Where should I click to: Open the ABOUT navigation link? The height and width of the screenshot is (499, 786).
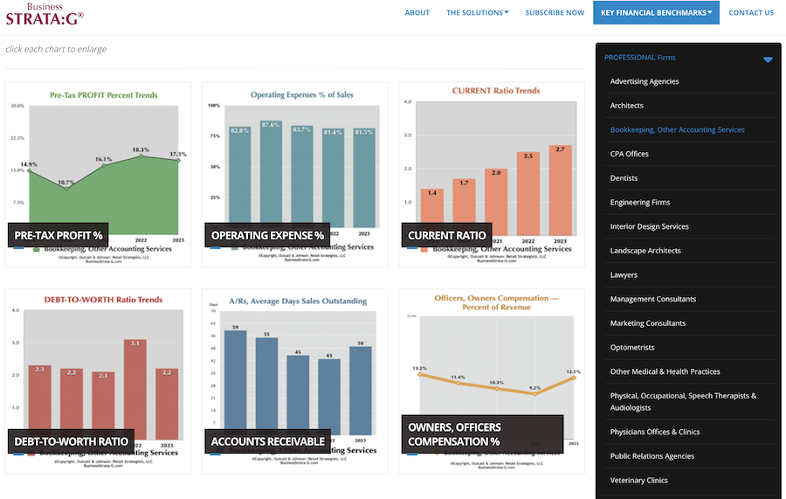click(x=417, y=13)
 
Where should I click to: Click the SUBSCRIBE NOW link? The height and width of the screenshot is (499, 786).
click(x=555, y=13)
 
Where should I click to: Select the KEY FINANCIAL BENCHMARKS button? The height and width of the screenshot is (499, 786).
click(x=656, y=13)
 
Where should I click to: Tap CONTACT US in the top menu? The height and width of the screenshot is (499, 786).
click(x=751, y=13)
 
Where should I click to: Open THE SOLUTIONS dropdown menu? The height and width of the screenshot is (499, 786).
click(x=478, y=13)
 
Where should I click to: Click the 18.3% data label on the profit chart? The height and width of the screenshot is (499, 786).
click(x=141, y=149)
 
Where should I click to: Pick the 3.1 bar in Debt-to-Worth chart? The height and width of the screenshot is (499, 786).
click(x=134, y=385)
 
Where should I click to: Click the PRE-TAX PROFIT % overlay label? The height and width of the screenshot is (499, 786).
click(x=59, y=235)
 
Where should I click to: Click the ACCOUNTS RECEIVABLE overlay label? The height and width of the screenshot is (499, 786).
click(x=268, y=441)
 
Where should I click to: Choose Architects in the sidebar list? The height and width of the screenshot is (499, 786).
click(x=626, y=106)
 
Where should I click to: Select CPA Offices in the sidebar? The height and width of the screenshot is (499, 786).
click(x=629, y=154)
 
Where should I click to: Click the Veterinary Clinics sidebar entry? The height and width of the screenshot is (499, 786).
click(x=638, y=480)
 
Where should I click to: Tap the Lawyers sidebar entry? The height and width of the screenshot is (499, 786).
click(x=624, y=274)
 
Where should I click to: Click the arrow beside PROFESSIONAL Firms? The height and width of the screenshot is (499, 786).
click(x=768, y=59)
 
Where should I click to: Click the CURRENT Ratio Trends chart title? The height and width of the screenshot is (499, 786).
click(x=496, y=91)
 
